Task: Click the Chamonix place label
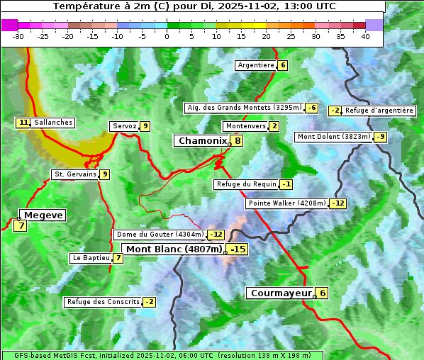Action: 201,141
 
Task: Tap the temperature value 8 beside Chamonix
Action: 238,141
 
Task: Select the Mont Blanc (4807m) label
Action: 174,249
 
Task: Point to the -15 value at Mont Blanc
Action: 238,249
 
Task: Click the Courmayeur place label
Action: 281,293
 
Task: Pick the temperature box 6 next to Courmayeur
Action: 323,293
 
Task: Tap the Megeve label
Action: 43,215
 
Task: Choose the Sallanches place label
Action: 53,123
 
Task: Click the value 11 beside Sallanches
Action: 23,123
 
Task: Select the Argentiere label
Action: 256,65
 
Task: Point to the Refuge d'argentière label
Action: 379,111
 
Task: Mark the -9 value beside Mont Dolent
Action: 381,137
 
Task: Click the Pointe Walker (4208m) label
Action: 287,203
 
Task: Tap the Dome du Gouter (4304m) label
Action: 160,235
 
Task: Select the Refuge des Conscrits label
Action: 104,302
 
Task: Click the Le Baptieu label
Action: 91,258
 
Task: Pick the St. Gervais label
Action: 74,174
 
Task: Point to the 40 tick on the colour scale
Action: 365,36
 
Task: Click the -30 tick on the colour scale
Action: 18,36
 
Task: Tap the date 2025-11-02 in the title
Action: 257,6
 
